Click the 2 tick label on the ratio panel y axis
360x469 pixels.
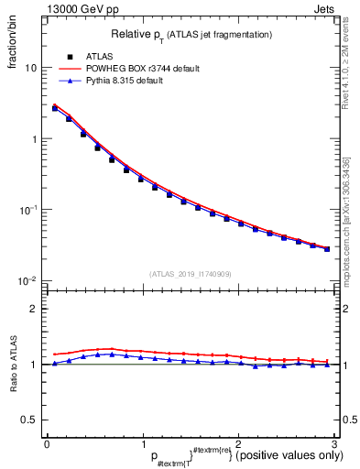35,309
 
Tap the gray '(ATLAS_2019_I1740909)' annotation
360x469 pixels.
190,273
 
